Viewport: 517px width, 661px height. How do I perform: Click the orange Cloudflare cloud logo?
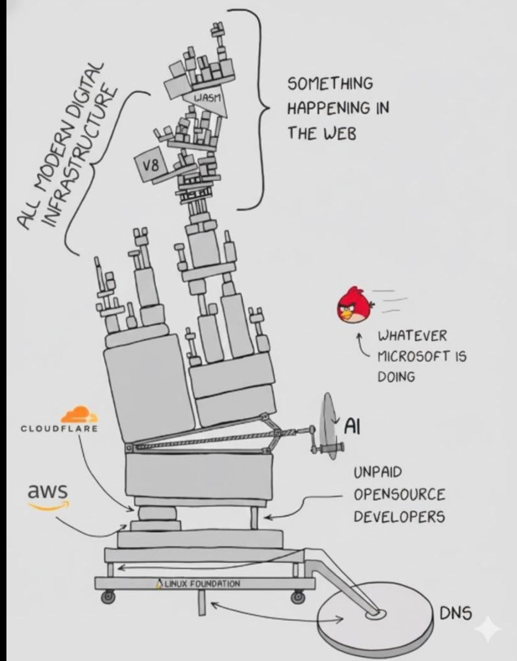click(79, 415)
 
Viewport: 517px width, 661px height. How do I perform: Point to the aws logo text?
click(47, 492)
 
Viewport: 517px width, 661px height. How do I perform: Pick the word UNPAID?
click(378, 472)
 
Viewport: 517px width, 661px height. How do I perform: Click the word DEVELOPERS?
click(399, 516)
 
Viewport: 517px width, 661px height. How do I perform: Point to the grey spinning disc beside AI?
click(328, 427)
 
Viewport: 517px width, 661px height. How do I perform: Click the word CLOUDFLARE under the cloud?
click(59, 428)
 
